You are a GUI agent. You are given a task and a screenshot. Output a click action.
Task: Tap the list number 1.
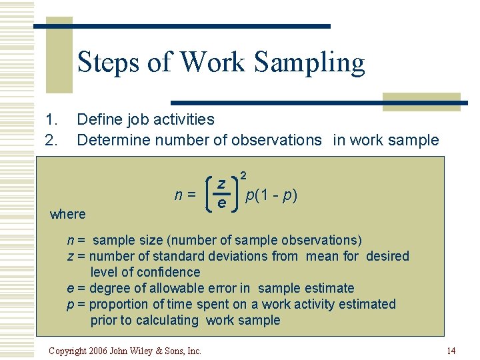pyautogui.click(x=50, y=120)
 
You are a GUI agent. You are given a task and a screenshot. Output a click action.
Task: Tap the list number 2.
pyautogui.click(x=50, y=140)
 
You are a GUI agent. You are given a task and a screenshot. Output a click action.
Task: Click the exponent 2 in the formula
pyautogui.click(x=244, y=175)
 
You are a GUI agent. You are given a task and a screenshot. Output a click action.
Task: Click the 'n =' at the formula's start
pyautogui.click(x=185, y=195)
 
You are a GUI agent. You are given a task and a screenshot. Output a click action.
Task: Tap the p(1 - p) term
pyautogui.click(x=271, y=195)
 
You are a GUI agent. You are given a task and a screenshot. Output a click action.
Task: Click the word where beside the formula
pyautogui.click(x=68, y=214)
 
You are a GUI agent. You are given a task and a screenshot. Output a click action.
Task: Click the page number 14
pyautogui.click(x=451, y=351)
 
